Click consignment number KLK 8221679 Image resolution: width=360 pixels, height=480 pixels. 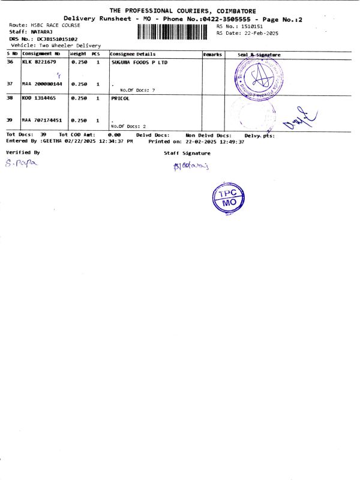[x=39, y=62]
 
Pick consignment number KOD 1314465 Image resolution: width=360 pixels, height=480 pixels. [x=39, y=98]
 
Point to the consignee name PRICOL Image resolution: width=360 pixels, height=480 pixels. [x=121, y=98]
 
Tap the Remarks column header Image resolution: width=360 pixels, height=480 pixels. [x=212, y=55]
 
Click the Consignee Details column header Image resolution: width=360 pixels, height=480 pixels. [x=133, y=55]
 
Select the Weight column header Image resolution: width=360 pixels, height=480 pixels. [x=79, y=55]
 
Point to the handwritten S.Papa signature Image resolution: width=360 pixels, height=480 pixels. [x=20, y=163]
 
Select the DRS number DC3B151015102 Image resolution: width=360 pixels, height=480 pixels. [x=57, y=39]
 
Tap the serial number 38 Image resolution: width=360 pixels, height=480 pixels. [x=10, y=98]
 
